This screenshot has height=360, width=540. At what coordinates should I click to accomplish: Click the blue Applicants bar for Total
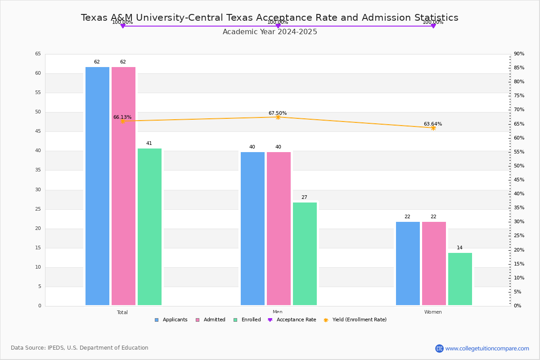[x=97, y=186]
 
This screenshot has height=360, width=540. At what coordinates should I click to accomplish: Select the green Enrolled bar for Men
[x=305, y=254]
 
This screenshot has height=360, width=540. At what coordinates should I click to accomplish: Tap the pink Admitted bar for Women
[x=434, y=263]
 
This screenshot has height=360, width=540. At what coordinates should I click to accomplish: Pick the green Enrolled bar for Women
[x=460, y=279]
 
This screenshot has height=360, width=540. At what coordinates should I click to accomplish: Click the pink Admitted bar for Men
[x=279, y=229]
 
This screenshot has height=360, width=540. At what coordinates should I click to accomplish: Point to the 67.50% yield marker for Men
[x=278, y=117]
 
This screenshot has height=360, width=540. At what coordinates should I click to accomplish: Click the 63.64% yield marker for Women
[x=433, y=128]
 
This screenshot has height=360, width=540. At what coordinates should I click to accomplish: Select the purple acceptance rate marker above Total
[x=122, y=26]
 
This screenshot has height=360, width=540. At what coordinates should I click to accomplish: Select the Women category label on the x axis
[x=433, y=312]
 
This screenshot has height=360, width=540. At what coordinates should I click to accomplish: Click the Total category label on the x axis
[x=122, y=312]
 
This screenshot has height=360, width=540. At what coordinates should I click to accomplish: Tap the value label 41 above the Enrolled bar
[x=149, y=144]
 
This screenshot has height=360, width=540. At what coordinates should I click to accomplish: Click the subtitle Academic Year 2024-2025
[x=270, y=32]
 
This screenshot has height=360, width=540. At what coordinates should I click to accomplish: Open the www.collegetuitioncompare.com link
[x=487, y=348]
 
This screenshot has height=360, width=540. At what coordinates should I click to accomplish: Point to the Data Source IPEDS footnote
[x=80, y=348]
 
